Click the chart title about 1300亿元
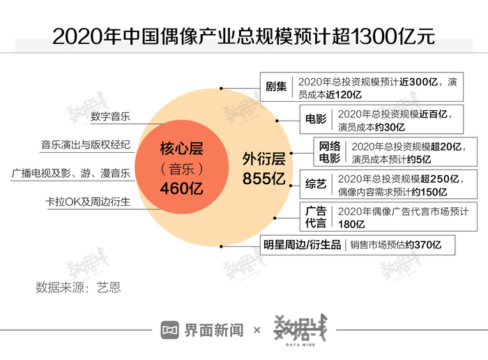pyautogui.click(x=243, y=36)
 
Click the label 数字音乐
pyautogui.click(x=110, y=116)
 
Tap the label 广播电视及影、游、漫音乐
pyautogui.click(x=71, y=172)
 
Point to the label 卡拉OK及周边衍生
pyautogui.click(x=88, y=202)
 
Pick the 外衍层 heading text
pyautogui.click(x=264, y=158)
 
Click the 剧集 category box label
pyautogui.click(x=276, y=87)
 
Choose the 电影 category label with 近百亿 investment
pyautogui.click(x=316, y=119)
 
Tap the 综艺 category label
pyautogui.click(x=316, y=185)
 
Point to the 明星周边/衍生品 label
pyautogui.click(x=302, y=245)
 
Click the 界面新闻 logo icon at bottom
pyautogui.click(x=170, y=329)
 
